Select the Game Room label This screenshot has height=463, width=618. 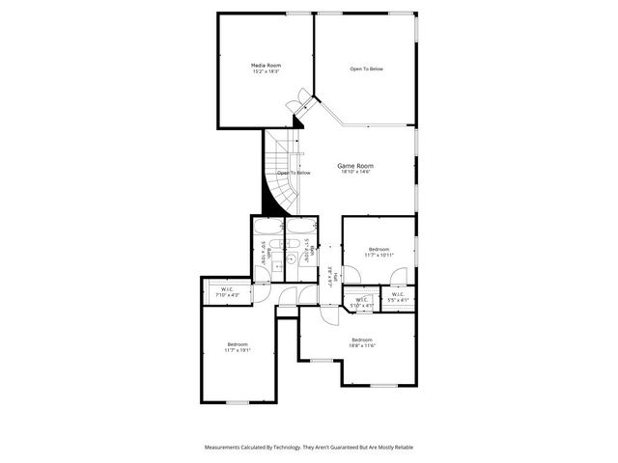(354, 166)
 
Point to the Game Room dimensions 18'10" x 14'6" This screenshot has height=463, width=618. (354, 173)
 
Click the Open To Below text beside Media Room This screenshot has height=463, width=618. (366, 69)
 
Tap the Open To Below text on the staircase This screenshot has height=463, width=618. (294, 173)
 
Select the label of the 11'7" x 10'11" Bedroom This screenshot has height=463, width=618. (377, 249)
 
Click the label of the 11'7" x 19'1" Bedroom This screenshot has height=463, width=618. (238, 344)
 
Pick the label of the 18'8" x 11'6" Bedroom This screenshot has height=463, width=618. (362, 340)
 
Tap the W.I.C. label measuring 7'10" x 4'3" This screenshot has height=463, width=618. (227, 289)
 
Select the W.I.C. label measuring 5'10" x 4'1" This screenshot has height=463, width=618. (361, 300)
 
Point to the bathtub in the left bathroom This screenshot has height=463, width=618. (268, 229)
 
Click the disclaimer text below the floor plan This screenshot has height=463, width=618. (308, 447)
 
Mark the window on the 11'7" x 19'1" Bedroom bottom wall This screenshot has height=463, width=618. (238, 401)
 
